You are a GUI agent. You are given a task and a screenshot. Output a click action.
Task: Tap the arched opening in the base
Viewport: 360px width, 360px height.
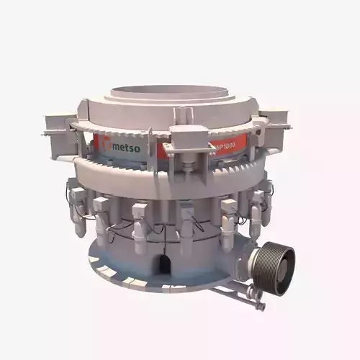(x=165, y=261)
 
